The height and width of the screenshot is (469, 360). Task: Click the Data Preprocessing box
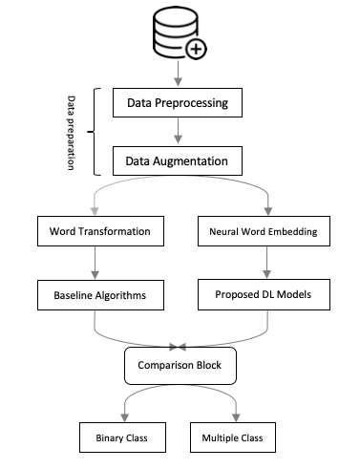pos(178,103)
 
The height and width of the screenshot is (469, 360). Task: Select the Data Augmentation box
pos(178,161)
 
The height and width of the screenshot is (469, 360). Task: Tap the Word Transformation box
pos(100,231)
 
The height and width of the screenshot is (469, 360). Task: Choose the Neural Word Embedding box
pos(264,231)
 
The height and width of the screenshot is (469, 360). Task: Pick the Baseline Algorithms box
pos(100,295)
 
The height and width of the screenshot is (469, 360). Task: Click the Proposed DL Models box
pos(264,294)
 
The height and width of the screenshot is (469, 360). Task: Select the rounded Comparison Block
pos(180,366)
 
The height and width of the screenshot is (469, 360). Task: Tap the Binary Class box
pos(122,437)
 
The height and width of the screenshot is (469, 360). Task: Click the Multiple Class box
pos(233,437)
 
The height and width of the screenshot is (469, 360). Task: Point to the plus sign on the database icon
pos(196,49)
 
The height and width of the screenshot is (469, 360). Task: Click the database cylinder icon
pos(176,32)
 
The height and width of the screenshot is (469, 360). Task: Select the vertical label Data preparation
pos(71,133)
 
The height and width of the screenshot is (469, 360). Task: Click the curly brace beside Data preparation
pos(95,132)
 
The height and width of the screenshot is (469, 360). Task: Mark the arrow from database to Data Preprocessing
pos(178,74)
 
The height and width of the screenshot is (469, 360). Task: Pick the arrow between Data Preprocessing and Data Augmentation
pos(178,131)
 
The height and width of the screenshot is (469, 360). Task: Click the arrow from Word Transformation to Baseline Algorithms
pos(95,263)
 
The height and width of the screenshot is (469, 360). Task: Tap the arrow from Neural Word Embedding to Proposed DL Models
pos(266,263)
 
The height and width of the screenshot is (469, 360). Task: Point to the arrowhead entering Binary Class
pos(125,417)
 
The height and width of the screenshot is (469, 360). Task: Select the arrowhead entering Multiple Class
pos(236,417)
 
